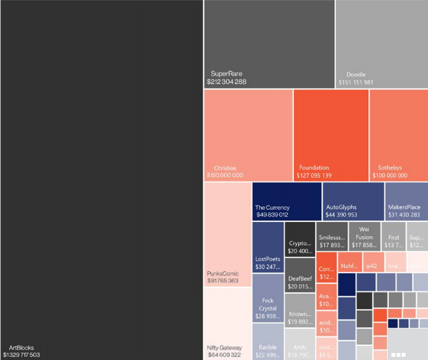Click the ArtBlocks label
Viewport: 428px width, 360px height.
21,347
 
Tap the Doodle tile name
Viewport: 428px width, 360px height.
355,74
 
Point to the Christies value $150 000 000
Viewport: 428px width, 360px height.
225,175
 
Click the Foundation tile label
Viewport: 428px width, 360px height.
314,167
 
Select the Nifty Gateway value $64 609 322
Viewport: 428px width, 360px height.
224,355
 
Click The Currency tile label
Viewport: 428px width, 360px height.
272,207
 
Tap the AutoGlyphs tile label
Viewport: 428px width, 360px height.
341,207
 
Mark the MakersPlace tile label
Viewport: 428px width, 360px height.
404,207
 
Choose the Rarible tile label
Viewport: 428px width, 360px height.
268,347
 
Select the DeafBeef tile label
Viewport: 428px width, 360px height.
300,279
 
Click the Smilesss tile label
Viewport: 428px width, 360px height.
332,237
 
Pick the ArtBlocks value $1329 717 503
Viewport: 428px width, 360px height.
30,355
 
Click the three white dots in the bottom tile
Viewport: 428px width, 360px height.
398,354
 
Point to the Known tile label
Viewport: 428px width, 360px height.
300,314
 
